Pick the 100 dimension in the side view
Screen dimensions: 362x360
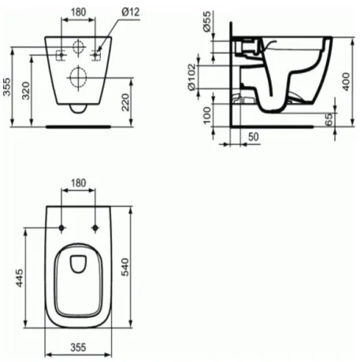coord(207,116)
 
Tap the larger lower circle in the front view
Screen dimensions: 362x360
coord(78,76)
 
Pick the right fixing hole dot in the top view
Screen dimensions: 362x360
coord(95,228)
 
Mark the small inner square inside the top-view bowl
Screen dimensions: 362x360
coord(78,264)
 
